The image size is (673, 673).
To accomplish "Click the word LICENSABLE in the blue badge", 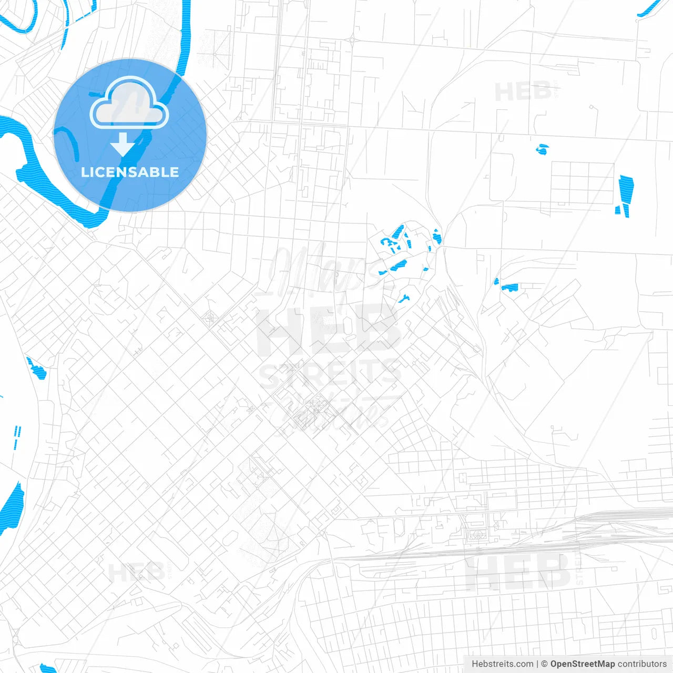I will click(x=130, y=172).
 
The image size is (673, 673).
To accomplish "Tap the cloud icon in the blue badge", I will click(x=129, y=103).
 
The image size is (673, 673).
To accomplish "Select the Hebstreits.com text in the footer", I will click(x=502, y=664).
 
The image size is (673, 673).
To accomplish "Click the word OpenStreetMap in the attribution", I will click(x=582, y=664).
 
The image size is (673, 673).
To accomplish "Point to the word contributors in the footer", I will click(x=642, y=664).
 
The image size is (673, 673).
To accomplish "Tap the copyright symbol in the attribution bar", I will click(x=545, y=664).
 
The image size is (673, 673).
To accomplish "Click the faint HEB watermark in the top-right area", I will click(x=523, y=92).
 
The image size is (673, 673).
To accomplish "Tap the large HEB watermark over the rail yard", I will click(x=518, y=572).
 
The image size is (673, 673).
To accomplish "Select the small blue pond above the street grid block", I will click(x=542, y=150).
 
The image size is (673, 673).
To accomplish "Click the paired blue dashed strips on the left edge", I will click(x=17, y=436).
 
